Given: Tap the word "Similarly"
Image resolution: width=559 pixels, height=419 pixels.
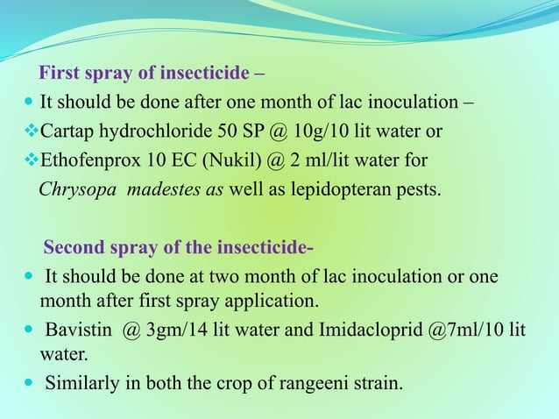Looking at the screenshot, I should (x=82, y=384).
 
